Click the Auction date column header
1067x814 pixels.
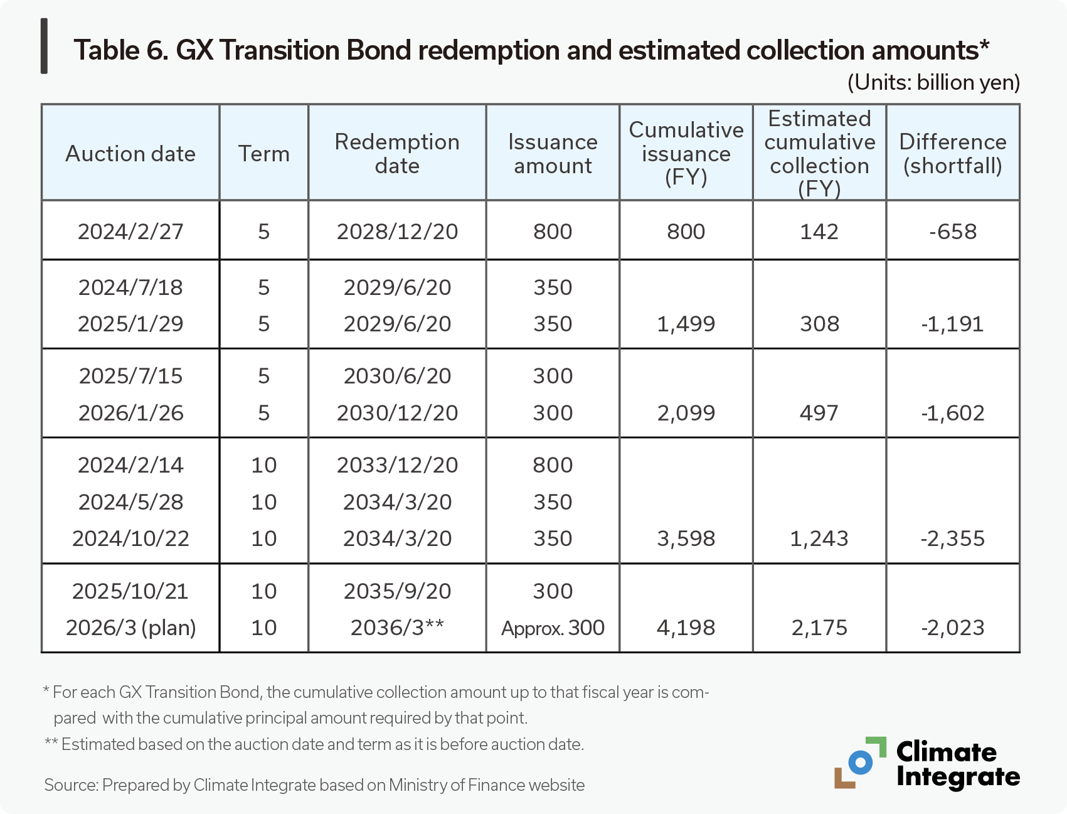[x=130, y=154]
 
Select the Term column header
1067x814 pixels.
[x=263, y=154]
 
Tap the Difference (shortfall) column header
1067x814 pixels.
[x=952, y=154]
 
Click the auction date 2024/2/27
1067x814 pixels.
[x=130, y=232]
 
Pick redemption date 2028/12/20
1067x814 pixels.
[x=397, y=232]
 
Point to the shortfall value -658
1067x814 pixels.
[x=952, y=232]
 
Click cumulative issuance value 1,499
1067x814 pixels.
[x=686, y=324]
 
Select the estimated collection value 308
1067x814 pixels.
[x=819, y=324]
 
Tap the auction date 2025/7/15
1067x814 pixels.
[x=130, y=376]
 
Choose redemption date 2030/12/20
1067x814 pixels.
[x=397, y=413]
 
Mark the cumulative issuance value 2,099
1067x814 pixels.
[x=686, y=413]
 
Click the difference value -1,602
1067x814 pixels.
[x=952, y=413]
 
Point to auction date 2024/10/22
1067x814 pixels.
[x=130, y=538]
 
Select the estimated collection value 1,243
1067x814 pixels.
[x=819, y=538]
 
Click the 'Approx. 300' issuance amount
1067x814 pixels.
[x=553, y=628]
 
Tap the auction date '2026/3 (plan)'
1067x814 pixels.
[x=130, y=628]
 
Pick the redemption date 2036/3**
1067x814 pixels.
[x=397, y=628]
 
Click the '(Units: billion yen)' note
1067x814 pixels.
[x=933, y=83]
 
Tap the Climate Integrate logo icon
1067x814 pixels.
[x=860, y=763]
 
